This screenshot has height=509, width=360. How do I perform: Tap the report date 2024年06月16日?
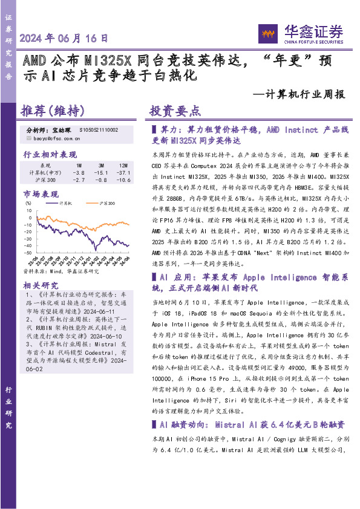tap(64, 37)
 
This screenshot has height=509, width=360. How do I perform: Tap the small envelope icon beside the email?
tap(28, 138)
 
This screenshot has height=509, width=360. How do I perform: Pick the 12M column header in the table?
tap(123, 165)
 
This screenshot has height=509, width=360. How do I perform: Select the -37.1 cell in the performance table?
tap(123, 172)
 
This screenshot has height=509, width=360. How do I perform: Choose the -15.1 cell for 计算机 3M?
tap(101, 172)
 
